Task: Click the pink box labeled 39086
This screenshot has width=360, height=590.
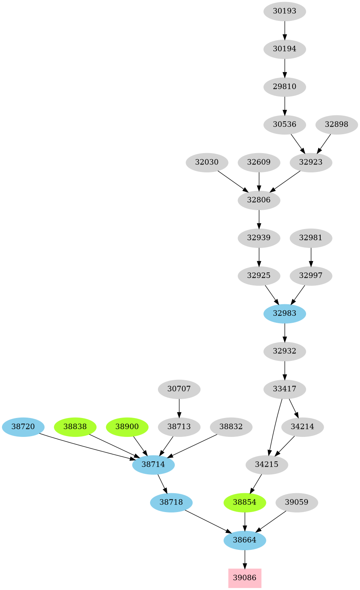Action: pyautogui.click(x=245, y=578)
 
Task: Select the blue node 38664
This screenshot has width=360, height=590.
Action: pyautogui.click(x=245, y=540)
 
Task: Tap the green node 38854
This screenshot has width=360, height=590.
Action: pyautogui.click(x=245, y=502)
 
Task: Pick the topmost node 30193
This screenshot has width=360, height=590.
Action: pyautogui.click(x=284, y=11)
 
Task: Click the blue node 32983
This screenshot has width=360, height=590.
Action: pyautogui.click(x=284, y=313)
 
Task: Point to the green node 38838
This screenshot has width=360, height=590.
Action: pyautogui.click(x=75, y=426)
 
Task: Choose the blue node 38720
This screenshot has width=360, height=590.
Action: pyautogui.click(x=23, y=426)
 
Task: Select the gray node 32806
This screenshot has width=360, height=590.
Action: pyautogui.click(x=259, y=200)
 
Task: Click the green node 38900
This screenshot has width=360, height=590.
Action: pyautogui.click(x=127, y=426)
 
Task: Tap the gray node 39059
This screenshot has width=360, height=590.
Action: pyautogui.click(x=297, y=502)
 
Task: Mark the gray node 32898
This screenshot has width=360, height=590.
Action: pyautogui.click(x=336, y=124)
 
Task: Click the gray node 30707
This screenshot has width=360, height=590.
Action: pyautogui.click(x=179, y=389)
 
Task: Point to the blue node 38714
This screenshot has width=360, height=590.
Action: pyautogui.click(x=153, y=464)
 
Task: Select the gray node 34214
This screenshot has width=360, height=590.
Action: pyautogui.click(x=302, y=426)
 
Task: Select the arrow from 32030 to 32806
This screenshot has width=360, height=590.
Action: pyautogui.click(x=232, y=181)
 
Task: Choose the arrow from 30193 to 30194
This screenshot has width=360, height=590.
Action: pyautogui.click(x=284, y=30)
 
